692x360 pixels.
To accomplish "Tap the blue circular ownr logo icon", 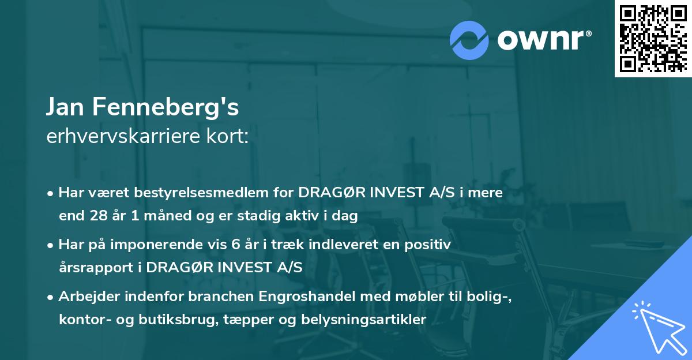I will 469,40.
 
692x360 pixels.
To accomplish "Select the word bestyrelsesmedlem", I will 214,193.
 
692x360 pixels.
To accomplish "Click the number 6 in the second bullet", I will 235,245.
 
